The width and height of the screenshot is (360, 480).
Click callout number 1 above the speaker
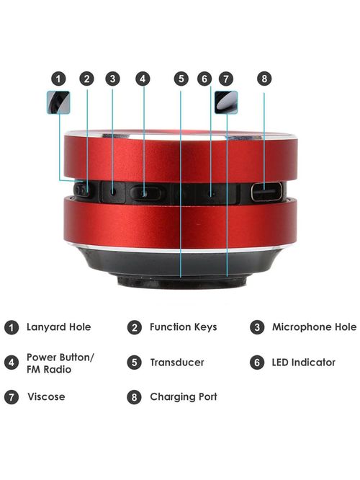click(59, 79)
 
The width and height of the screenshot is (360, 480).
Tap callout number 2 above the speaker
click(86, 79)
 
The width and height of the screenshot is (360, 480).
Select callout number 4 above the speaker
click(143, 79)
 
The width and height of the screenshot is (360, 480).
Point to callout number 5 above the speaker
click(181, 79)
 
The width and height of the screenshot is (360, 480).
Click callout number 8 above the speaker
click(264, 79)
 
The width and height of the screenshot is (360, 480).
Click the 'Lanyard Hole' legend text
click(58, 327)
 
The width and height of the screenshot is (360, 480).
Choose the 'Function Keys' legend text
click(183, 327)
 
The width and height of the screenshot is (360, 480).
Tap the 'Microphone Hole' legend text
click(314, 327)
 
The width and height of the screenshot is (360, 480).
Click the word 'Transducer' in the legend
click(176, 363)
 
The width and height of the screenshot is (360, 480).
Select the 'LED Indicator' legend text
click(303, 363)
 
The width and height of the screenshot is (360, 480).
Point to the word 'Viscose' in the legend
click(45, 397)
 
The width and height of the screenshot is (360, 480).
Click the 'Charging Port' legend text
click(183, 397)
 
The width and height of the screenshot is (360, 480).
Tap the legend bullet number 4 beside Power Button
click(11, 363)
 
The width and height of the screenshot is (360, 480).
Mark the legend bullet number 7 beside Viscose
click(11, 397)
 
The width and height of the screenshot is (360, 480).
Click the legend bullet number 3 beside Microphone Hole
click(256, 327)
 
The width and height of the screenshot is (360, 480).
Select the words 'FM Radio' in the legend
click(48, 370)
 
